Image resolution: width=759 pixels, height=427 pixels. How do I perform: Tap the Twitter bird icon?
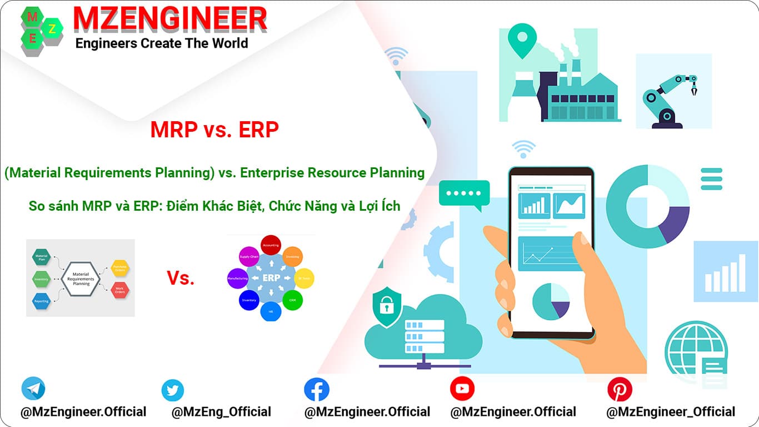pos(172,390)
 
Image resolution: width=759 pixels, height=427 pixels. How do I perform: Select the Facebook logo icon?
pos(316,389)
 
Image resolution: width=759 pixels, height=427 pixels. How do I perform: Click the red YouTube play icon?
pos(462,389)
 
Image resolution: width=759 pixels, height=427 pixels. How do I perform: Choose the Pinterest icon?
pos(619,389)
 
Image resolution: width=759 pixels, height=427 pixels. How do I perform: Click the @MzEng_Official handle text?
pos(221,412)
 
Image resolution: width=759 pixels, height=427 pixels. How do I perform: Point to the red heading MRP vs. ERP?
pos(214,130)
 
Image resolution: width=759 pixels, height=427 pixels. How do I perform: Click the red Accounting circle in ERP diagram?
pos(271,245)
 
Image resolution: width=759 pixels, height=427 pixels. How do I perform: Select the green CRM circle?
pos(292,300)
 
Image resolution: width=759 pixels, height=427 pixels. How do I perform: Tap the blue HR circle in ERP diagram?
pos(271,311)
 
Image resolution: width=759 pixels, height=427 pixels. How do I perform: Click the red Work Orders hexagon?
pos(120,290)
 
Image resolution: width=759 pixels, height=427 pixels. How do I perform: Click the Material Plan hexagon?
pos(41,258)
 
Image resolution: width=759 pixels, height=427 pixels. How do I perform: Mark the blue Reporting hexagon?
pos(41,301)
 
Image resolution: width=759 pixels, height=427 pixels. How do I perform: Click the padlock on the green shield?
pos(384,305)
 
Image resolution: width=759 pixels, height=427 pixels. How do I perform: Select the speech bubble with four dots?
pos(464,194)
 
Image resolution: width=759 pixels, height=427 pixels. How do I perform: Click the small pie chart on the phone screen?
pos(551,301)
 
